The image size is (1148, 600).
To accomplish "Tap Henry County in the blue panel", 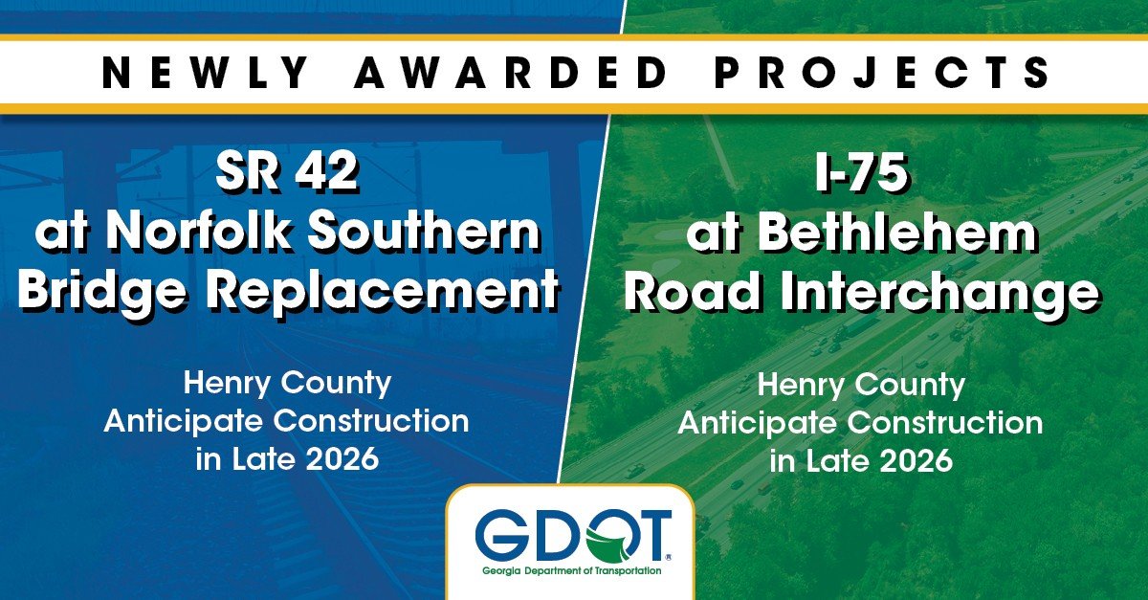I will click(287, 384).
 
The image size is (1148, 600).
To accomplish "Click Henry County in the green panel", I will click(861, 386).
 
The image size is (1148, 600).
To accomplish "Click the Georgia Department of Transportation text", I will click(572, 571).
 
